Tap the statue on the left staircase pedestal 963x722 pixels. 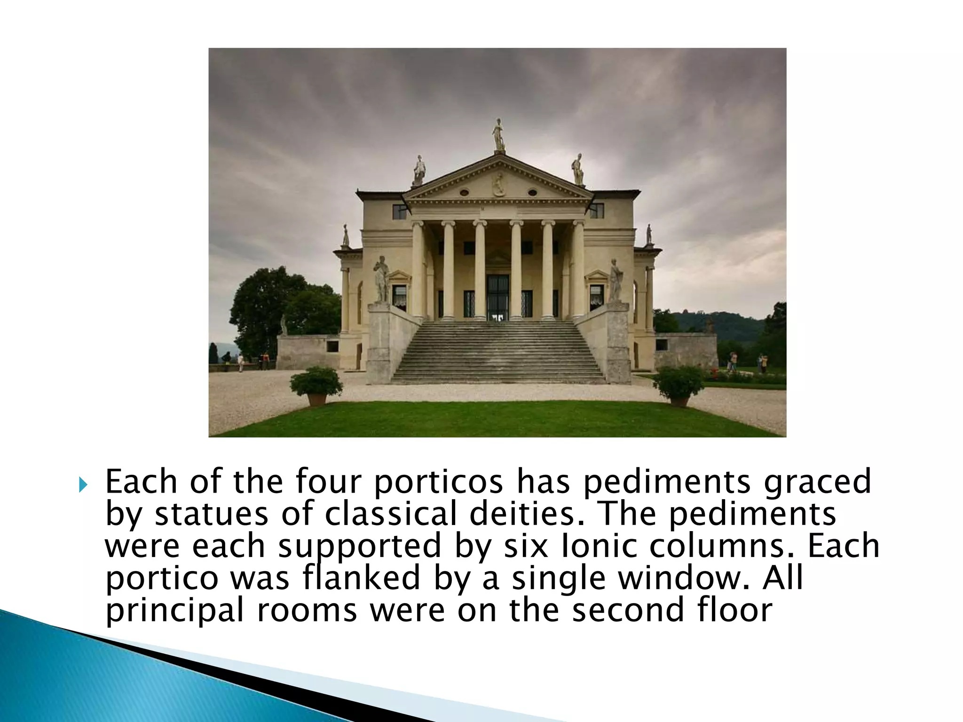coord(381,280)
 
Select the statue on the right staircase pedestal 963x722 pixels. coord(615,281)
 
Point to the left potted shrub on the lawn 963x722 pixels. coord(316,382)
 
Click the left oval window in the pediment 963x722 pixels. coord(464,192)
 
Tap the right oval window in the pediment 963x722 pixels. coord(532,192)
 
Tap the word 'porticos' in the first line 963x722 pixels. coord(439,482)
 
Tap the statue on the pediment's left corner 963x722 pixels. coord(418,170)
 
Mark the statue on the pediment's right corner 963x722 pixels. coord(577,169)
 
